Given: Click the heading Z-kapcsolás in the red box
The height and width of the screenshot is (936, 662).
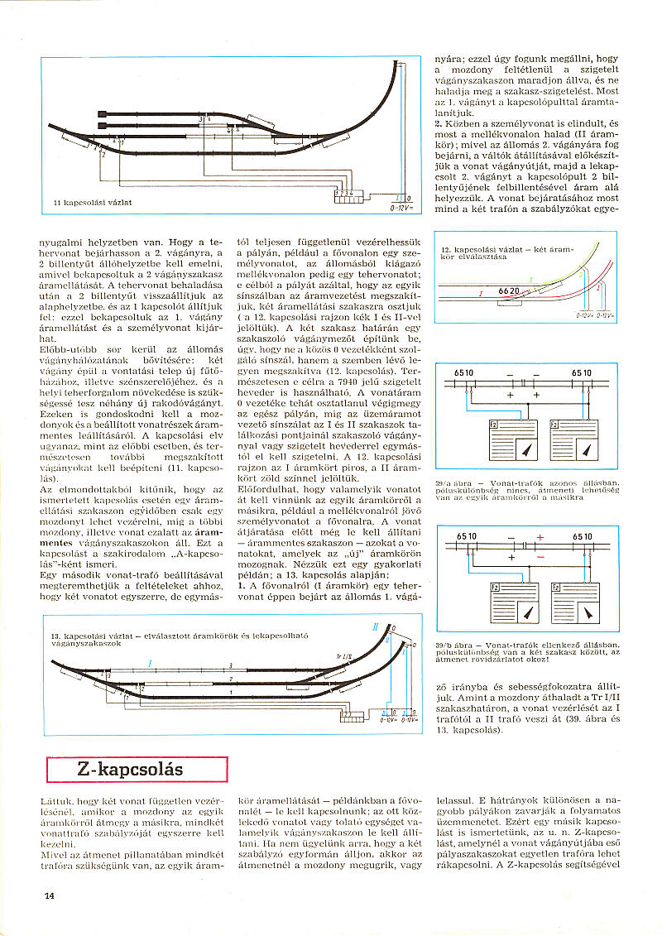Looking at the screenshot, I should pos(130,770).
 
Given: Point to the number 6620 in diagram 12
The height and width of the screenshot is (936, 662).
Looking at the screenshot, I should pos(509,292).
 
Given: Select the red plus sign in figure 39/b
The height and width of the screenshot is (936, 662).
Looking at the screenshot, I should pos(540,538).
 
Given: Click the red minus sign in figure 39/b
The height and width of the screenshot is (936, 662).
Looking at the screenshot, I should pos(539,557).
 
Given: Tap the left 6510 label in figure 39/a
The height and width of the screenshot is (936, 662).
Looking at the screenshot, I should pos(465,373).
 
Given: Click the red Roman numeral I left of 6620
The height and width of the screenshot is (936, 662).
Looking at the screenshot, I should pos(480,293).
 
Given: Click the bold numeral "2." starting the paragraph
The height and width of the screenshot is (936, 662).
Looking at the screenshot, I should pos(439,122).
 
